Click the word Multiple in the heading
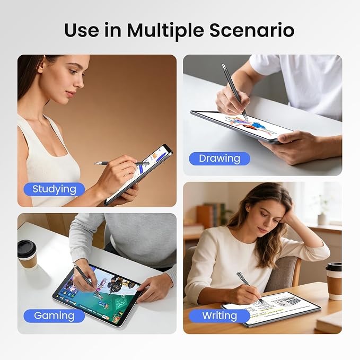165,31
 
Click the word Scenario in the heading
252,30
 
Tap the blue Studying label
54,189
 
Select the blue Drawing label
219,159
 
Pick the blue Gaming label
54,315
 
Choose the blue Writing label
219,315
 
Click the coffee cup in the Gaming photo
28,254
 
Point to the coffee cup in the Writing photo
333,281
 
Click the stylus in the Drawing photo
234,92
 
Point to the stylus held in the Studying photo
121,163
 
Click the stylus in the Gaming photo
87,280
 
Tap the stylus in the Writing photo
250,288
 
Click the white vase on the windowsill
322,219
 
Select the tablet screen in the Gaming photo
98,293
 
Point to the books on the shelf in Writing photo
208,215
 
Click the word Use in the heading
82,30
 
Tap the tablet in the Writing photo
271,309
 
